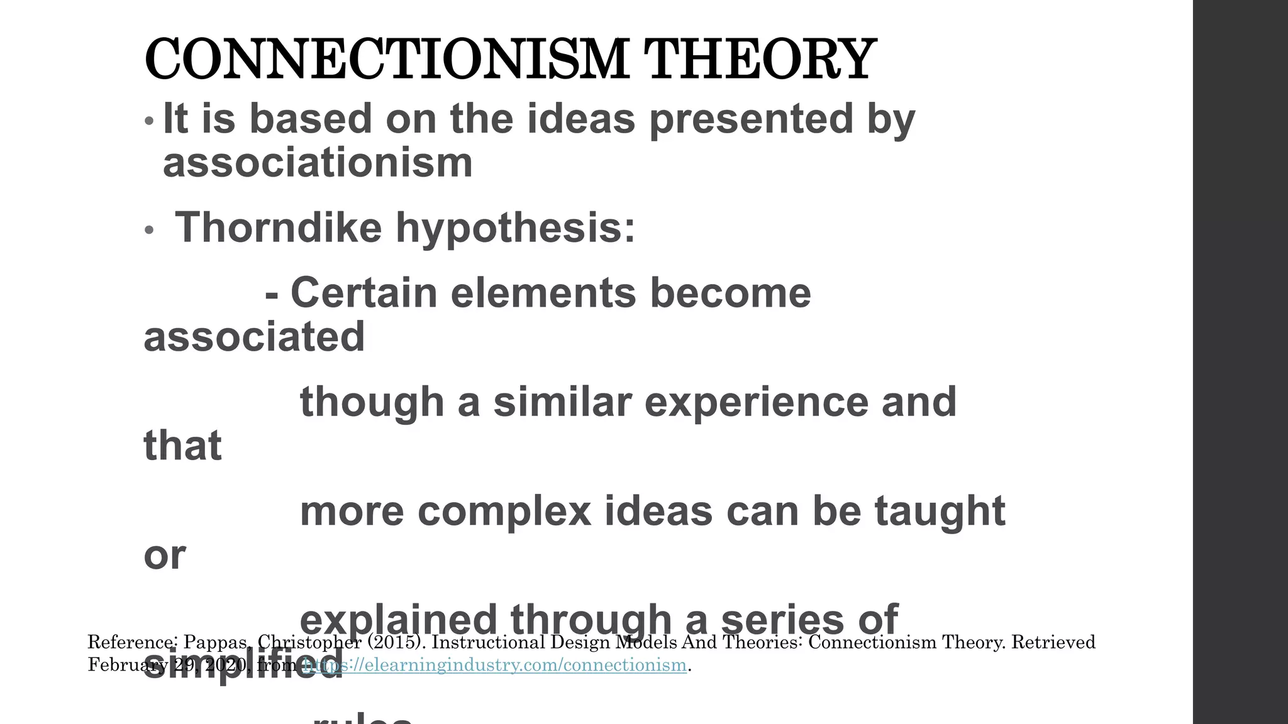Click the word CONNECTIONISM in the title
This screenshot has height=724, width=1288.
pos(386,60)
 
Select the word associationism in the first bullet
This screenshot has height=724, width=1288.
pos(318,162)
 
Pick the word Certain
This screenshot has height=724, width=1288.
pos(364,293)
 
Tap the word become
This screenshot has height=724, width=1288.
pos(730,293)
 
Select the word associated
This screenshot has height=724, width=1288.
pos(254,336)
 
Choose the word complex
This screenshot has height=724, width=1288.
pos(504,511)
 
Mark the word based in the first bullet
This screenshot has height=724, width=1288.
pos(311,119)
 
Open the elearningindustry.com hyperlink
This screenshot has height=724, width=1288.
pos(494,665)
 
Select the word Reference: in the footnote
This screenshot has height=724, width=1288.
pos(133,642)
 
